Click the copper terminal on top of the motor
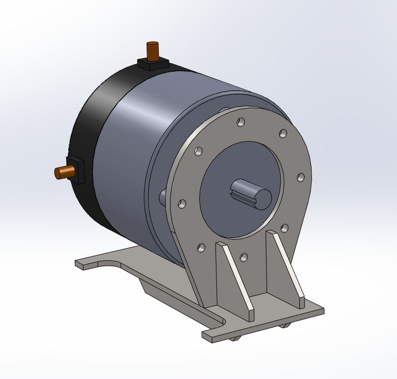(x=152, y=51)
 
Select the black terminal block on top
(x=153, y=64)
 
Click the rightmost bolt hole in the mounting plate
(x=300, y=177)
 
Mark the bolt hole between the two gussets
(x=244, y=258)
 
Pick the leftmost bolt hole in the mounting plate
(x=182, y=204)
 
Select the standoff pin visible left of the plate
(x=163, y=197)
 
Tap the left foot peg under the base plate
(x=234, y=338)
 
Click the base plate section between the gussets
(x=268, y=301)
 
